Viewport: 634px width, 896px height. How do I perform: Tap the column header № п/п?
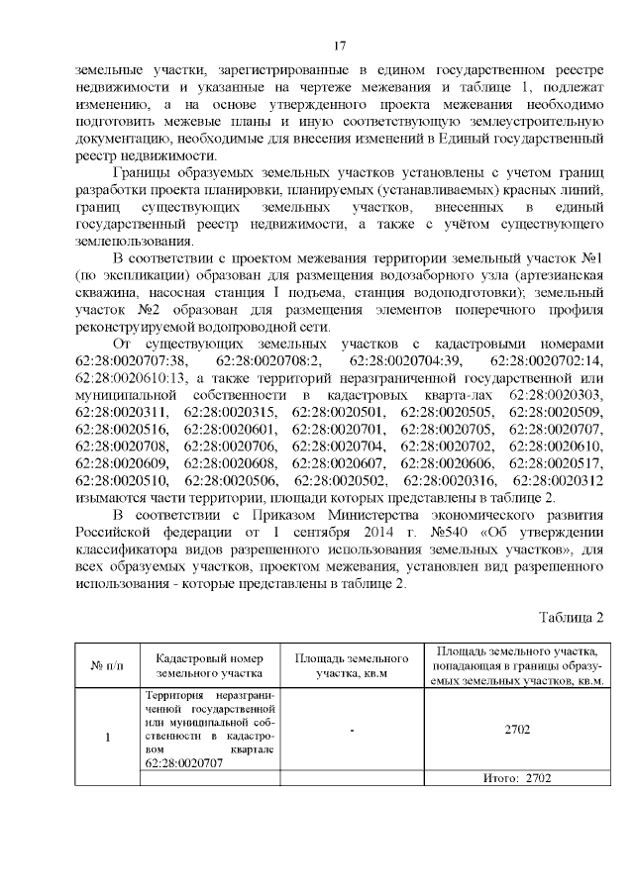click(x=107, y=665)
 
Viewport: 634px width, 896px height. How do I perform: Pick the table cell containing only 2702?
click(x=517, y=730)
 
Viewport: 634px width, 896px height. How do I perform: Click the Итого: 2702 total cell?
click(x=516, y=777)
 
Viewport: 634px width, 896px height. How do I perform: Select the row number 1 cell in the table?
click(x=107, y=737)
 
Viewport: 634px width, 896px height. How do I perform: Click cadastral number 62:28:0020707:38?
click(x=131, y=360)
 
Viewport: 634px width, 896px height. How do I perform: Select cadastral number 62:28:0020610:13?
click(x=132, y=377)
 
